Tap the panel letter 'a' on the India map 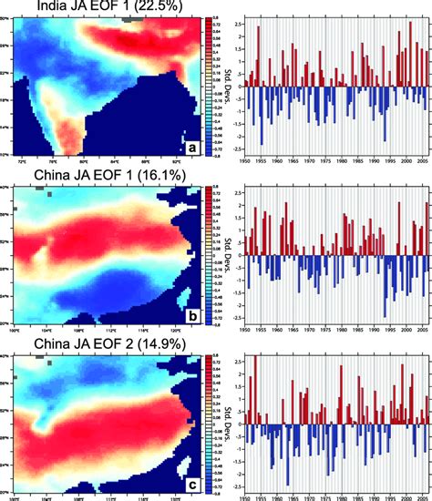pos(192,146)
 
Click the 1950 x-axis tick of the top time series pos(245,161)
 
